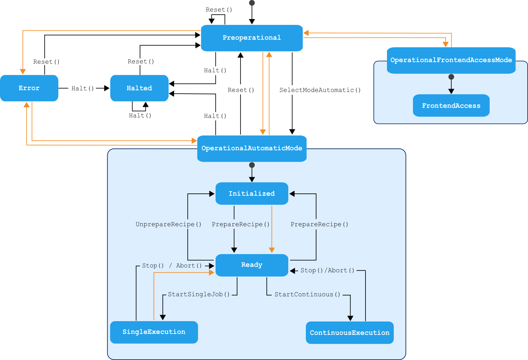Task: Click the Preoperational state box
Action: (252, 38)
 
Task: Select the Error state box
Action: (29, 88)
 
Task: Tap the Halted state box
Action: (139, 88)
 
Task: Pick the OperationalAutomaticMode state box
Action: (252, 148)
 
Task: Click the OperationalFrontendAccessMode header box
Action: (451, 60)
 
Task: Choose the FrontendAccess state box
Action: (451, 106)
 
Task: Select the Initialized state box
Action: (252, 193)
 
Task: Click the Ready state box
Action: (252, 265)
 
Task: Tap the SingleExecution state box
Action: (154, 332)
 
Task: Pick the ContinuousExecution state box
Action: (350, 333)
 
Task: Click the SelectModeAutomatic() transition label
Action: (320, 90)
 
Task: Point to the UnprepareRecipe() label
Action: (169, 224)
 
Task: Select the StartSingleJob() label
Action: (199, 295)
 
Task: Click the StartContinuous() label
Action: (307, 295)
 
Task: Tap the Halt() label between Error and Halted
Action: (82, 89)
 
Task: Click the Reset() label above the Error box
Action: (46, 62)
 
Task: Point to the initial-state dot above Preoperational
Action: (252, 3)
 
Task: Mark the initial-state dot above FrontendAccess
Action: (451, 77)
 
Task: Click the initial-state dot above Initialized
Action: (252, 165)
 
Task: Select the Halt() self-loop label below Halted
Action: (140, 116)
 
